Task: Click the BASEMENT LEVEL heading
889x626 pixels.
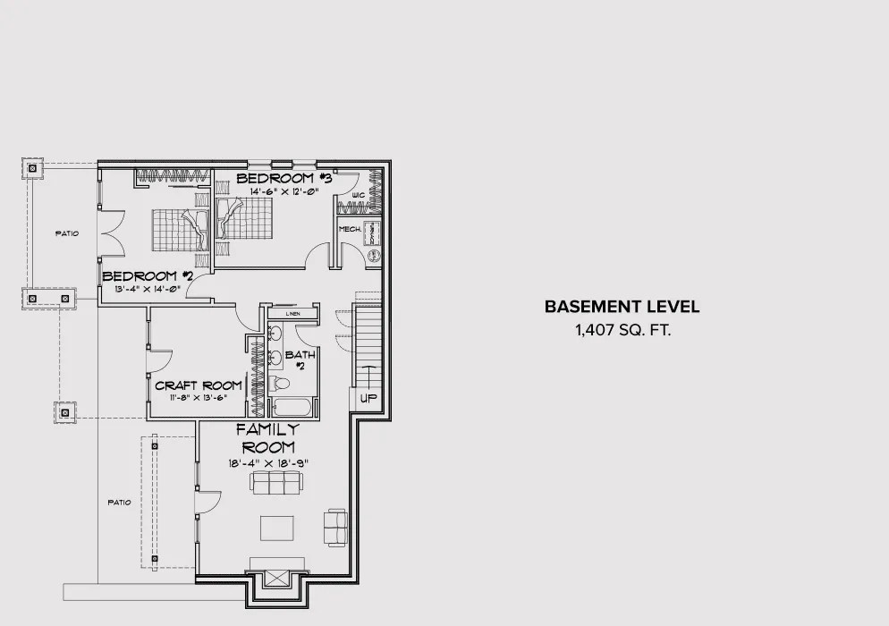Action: [x=622, y=307]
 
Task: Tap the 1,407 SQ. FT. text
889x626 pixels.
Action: [x=622, y=330]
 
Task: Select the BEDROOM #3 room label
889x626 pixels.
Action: [x=284, y=179]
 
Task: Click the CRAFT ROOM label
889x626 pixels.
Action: [x=198, y=385]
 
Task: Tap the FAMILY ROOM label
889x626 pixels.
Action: [x=267, y=437]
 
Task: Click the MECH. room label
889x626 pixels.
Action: [x=349, y=229]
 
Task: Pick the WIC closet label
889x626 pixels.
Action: [x=358, y=194]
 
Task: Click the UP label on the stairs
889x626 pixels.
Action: [x=368, y=398]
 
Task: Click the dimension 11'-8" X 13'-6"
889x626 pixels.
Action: [x=198, y=397]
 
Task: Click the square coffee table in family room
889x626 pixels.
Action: [x=276, y=528]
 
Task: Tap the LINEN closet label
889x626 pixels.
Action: [x=292, y=314]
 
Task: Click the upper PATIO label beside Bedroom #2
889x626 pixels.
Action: [x=67, y=233]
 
